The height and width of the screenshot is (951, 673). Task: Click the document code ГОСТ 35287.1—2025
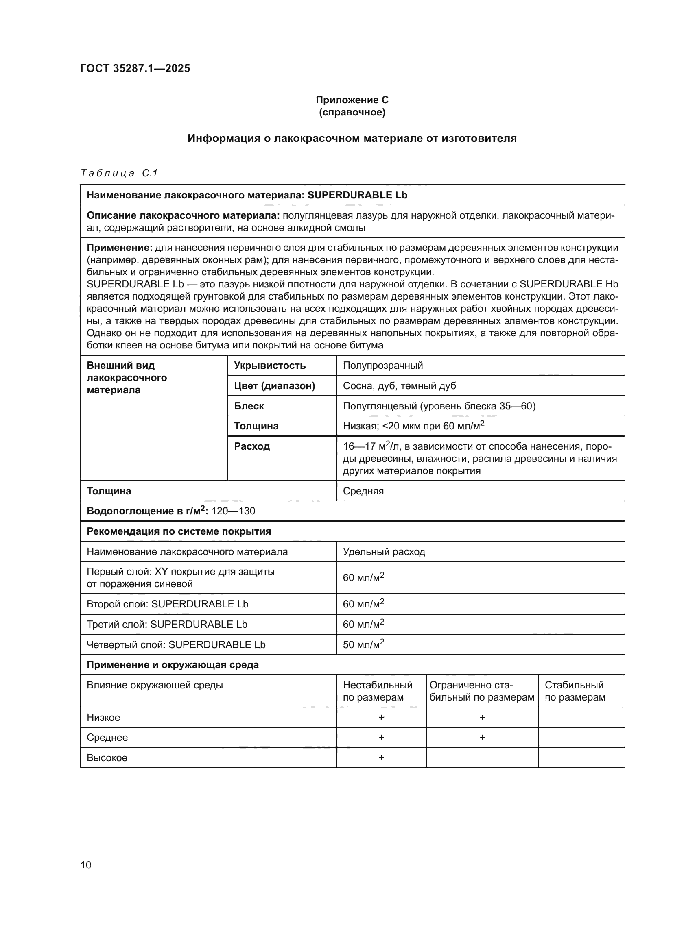(135, 68)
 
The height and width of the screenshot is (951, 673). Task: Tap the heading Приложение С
(352, 100)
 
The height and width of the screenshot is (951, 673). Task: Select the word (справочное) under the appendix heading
(352, 112)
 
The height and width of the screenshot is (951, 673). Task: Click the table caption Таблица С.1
(119, 173)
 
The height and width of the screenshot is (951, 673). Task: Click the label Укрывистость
(270, 366)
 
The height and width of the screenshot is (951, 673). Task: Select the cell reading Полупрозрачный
(382, 366)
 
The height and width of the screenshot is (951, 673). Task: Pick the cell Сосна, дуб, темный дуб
(399, 385)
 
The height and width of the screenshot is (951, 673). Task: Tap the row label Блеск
(249, 406)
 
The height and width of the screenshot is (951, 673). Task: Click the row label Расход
(251, 446)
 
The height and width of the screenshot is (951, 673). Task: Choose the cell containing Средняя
(363, 491)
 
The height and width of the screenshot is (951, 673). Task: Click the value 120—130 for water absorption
(233, 511)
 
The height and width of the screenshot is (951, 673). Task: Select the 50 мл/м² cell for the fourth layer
(363, 644)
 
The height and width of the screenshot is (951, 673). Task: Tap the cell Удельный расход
(384, 552)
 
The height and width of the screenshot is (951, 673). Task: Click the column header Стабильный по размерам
(575, 691)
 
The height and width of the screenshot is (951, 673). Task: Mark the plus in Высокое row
(381, 757)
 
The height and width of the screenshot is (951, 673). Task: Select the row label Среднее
(107, 737)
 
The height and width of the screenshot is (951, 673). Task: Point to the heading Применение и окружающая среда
(173, 665)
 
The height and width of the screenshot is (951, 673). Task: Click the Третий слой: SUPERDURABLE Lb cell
(166, 624)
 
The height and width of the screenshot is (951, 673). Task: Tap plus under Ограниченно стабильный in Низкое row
(482, 717)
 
